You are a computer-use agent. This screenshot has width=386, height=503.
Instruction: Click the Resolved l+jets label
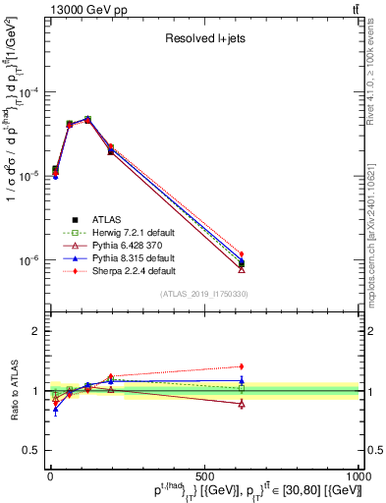[203, 39]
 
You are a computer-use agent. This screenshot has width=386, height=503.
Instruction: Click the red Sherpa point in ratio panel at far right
[242, 366]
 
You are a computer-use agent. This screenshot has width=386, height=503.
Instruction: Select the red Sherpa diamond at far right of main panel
[242, 254]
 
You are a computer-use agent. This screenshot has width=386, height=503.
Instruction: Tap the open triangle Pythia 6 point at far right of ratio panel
[242, 404]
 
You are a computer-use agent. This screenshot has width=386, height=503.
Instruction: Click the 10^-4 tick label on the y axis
[29, 92]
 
